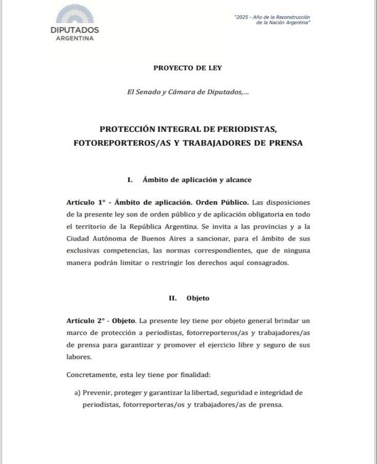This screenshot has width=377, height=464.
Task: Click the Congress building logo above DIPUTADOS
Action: click(x=75, y=14)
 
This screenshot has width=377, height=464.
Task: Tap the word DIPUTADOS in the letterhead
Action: click(x=75, y=30)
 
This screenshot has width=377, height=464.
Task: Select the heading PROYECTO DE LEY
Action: click(x=188, y=68)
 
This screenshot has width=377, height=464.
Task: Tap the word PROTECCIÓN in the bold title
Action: click(x=126, y=129)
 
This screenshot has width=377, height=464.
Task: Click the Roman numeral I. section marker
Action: click(x=130, y=180)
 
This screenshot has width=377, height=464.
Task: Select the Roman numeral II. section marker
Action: click(x=173, y=298)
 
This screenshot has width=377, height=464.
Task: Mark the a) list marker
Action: click(x=78, y=393)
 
